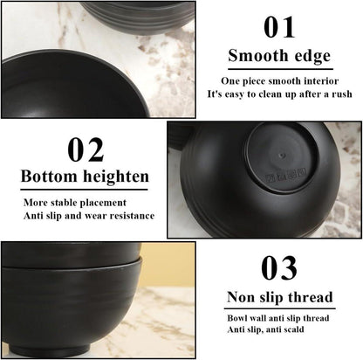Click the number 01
tap(279, 27)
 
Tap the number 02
tap(86, 149)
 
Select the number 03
tap(279, 268)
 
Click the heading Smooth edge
tap(279, 56)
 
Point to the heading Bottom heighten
tap(85, 177)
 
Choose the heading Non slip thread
tap(279, 297)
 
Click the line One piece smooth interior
tap(280, 81)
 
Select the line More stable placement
tap(75, 203)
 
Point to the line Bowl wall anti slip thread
tap(278, 318)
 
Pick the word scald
tap(292, 329)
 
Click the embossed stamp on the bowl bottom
tap(286, 176)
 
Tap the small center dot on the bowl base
tap(281, 156)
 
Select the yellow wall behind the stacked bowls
tap(168, 264)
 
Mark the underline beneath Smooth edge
tap(280, 69)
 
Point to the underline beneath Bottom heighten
tap(84, 190)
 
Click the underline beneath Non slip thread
tap(279, 308)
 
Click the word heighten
tap(116, 177)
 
